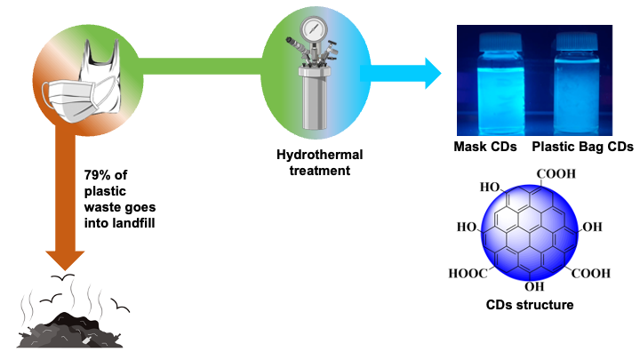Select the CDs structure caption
530,305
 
